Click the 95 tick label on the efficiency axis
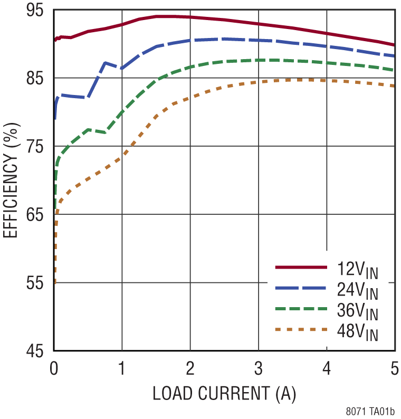coord(39,11)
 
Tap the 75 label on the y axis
coord(39,147)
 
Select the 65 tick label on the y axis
coord(39,215)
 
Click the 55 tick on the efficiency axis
coord(39,283)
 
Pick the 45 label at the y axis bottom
coord(39,351)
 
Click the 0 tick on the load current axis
coord(54,367)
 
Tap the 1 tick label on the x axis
coord(122,367)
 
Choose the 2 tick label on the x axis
coord(190,367)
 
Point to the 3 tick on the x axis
coord(259,367)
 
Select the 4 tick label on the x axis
coord(327,367)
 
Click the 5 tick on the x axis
coord(395,367)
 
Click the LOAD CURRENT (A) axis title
coord(224,394)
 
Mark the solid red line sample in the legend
coord(301,268)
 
